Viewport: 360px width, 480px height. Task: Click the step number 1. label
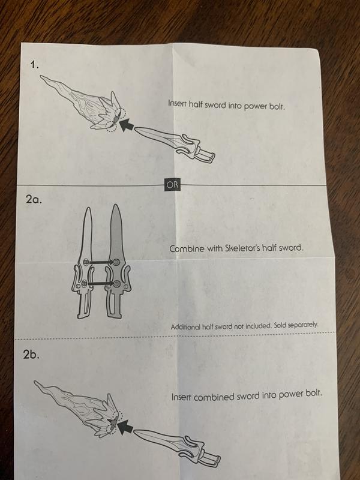pyautogui.click(x=35, y=64)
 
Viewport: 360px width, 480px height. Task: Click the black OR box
pyautogui.click(x=172, y=185)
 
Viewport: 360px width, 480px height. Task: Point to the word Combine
pyautogui.click(x=187, y=248)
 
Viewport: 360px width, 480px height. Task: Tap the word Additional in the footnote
pyautogui.click(x=185, y=326)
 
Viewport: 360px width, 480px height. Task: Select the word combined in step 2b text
pyautogui.click(x=214, y=397)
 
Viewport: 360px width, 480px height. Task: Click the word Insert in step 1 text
pyautogui.click(x=177, y=103)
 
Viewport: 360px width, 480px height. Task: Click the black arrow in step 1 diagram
pyautogui.click(x=126, y=125)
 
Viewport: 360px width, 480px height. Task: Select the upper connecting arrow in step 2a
pyautogui.click(x=101, y=262)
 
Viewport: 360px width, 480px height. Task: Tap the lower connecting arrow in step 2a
pyautogui.click(x=101, y=284)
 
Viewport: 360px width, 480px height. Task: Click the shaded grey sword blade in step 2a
pyautogui.click(x=116, y=233)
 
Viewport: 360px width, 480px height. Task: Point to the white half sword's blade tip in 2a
pyautogui.click(x=88, y=208)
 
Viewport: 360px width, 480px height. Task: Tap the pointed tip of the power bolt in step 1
pyautogui.click(x=41, y=76)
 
